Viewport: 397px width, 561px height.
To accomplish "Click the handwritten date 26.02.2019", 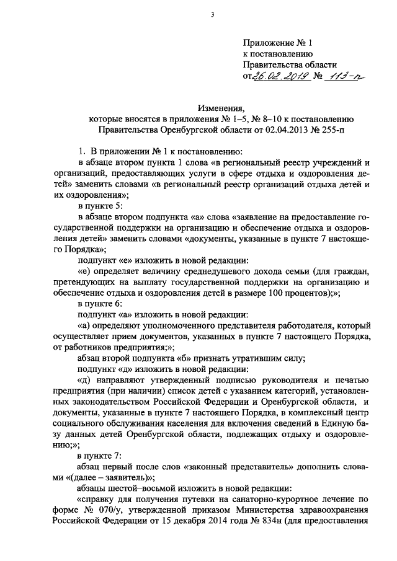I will point(274,76).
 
